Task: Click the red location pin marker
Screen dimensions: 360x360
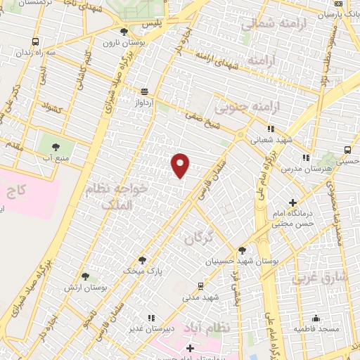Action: click(181, 165)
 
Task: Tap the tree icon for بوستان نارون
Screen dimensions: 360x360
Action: click(124, 31)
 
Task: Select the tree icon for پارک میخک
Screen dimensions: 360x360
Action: click(142, 259)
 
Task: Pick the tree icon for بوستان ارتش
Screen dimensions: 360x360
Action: click(85, 277)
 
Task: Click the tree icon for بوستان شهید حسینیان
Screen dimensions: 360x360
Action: click(243, 250)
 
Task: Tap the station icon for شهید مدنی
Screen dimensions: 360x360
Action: click(201, 286)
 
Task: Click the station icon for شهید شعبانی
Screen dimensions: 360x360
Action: click(270, 129)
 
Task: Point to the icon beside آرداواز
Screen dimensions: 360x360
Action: click(144, 91)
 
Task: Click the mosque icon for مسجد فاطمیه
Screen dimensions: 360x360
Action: click(316, 318)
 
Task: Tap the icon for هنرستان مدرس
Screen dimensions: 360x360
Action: click(304, 157)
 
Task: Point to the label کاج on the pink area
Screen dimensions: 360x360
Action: click(16, 191)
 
